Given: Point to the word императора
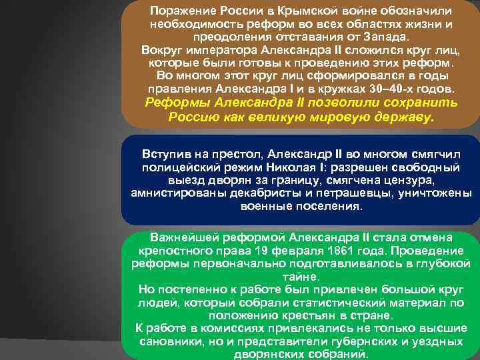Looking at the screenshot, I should pyautogui.click(x=216, y=50).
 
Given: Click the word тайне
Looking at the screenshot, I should pyautogui.click(x=301, y=277).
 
